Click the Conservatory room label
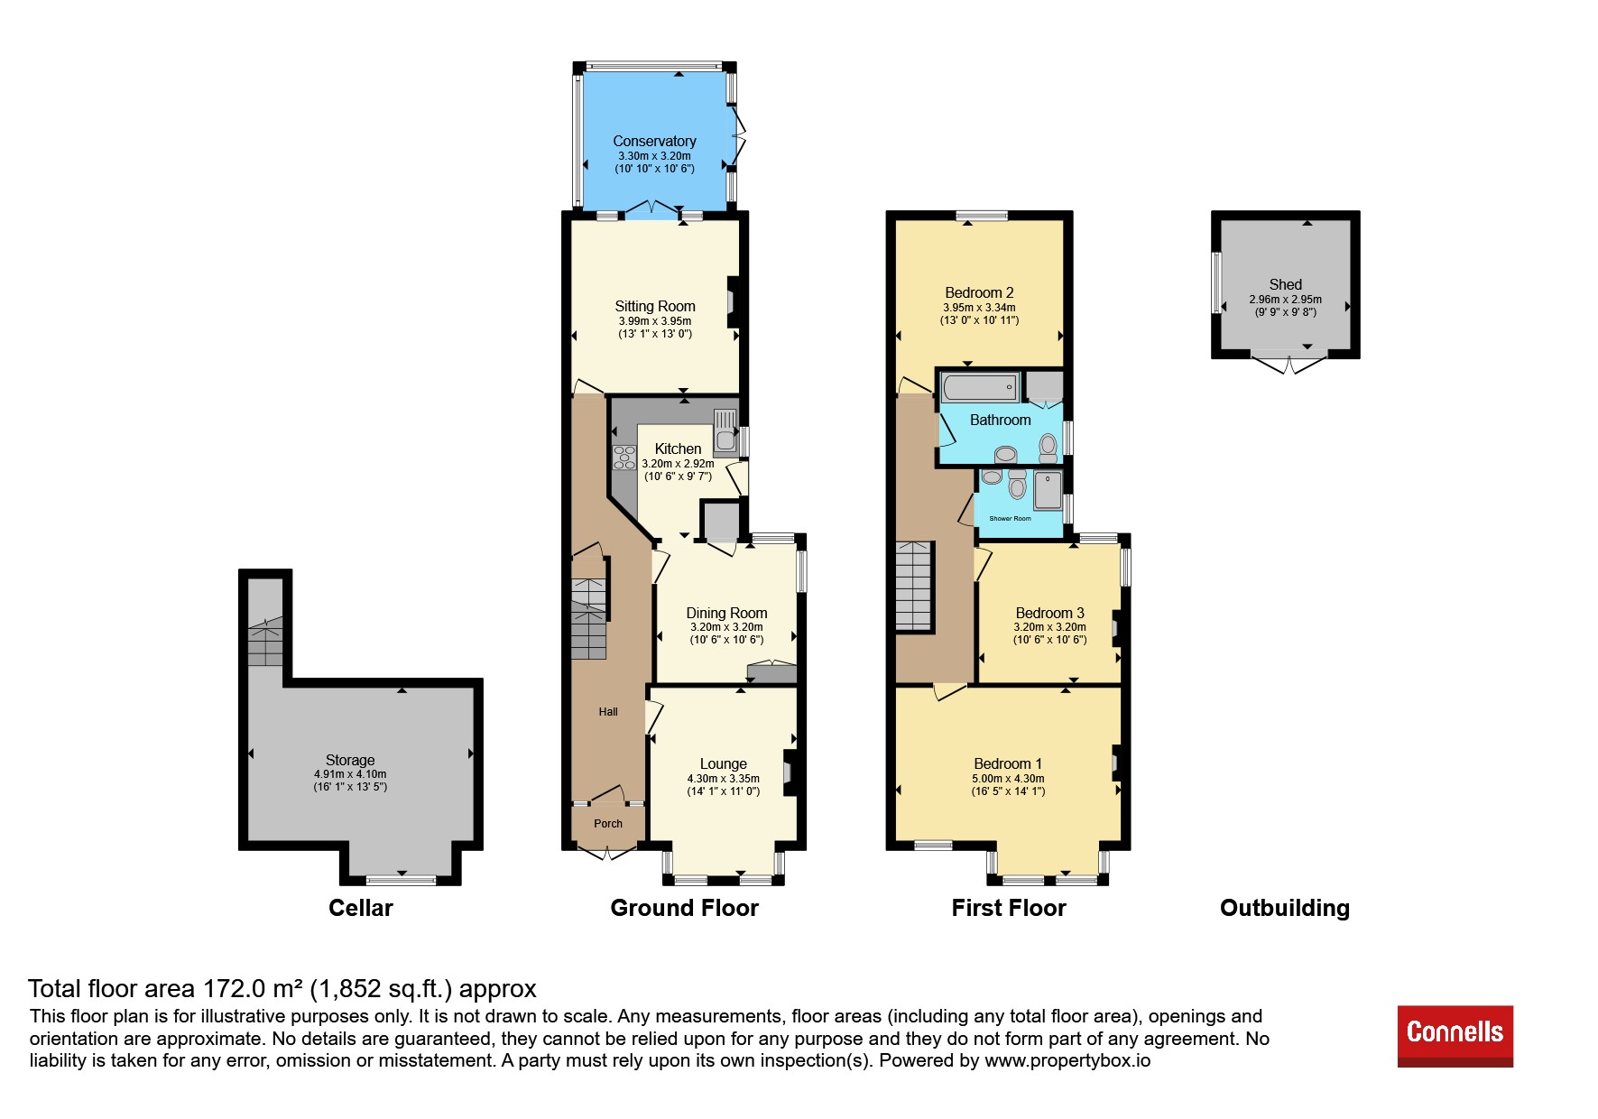click(x=654, y=141)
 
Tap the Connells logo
click(x=1455, y=1036)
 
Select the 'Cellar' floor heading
click(x=361, y=908)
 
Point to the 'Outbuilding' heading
click(x=1285, y=908)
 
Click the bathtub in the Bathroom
click(x=980, y=387)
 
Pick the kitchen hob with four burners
click(x=623, y=458)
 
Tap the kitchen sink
click(x=725, y=430)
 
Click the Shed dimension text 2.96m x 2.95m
click(x=1285, y=300)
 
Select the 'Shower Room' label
click(x=1010, y=519)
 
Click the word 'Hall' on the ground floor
click(x=608, y=712)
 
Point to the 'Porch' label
click(x=608, y=824)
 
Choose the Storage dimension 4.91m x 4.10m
click(x=350, y=774)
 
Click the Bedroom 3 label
click(x=1049, y=613)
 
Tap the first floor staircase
click(x=913, y=586)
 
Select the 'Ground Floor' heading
click(x=684, y=908)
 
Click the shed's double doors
click(x=1289, y=363)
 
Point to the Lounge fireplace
click(x=790, y=772)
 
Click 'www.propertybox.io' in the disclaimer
click(x=1067, y=1060)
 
